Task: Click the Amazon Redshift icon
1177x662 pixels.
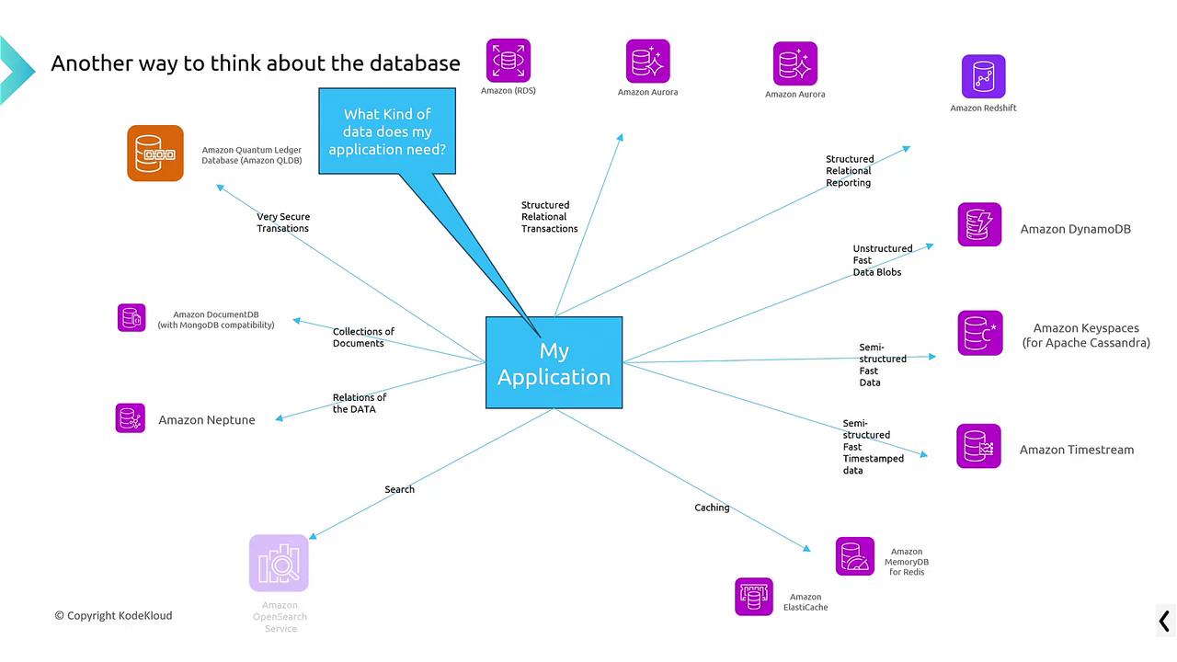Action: click(x=983, y=76)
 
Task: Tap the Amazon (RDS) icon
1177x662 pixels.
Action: click(x=509, y=61)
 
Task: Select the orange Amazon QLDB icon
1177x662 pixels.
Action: click(x=155, y=153)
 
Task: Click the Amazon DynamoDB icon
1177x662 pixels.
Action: click(x=979, y=224)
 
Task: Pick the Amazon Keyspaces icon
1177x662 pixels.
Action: click(x=980, y=333)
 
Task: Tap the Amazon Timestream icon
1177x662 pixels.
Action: click(x=978, y=446)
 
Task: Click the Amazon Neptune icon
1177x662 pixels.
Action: click(x=131, y=418)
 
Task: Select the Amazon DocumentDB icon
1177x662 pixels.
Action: click(x=131, y=318)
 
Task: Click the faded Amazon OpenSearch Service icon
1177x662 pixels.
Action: click(x=279, y=563)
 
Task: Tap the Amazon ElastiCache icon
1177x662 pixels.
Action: click(x=753, y=597)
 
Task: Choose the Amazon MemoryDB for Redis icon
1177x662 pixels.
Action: click(x=855, y=556)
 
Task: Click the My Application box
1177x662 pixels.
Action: click(x=554, y=362)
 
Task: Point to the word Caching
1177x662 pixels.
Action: click(x=712, y=508)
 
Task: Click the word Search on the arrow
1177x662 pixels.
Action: click(x=399, y=489)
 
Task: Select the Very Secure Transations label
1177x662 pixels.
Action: click(x=283, y=223)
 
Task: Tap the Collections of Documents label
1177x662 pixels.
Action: click(x=363, y=337)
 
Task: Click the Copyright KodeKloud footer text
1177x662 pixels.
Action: click(x=113, y=615)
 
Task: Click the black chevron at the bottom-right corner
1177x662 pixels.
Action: click(x=1164, y=621)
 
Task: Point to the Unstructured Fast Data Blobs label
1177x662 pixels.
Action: click(x=882, y=260)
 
